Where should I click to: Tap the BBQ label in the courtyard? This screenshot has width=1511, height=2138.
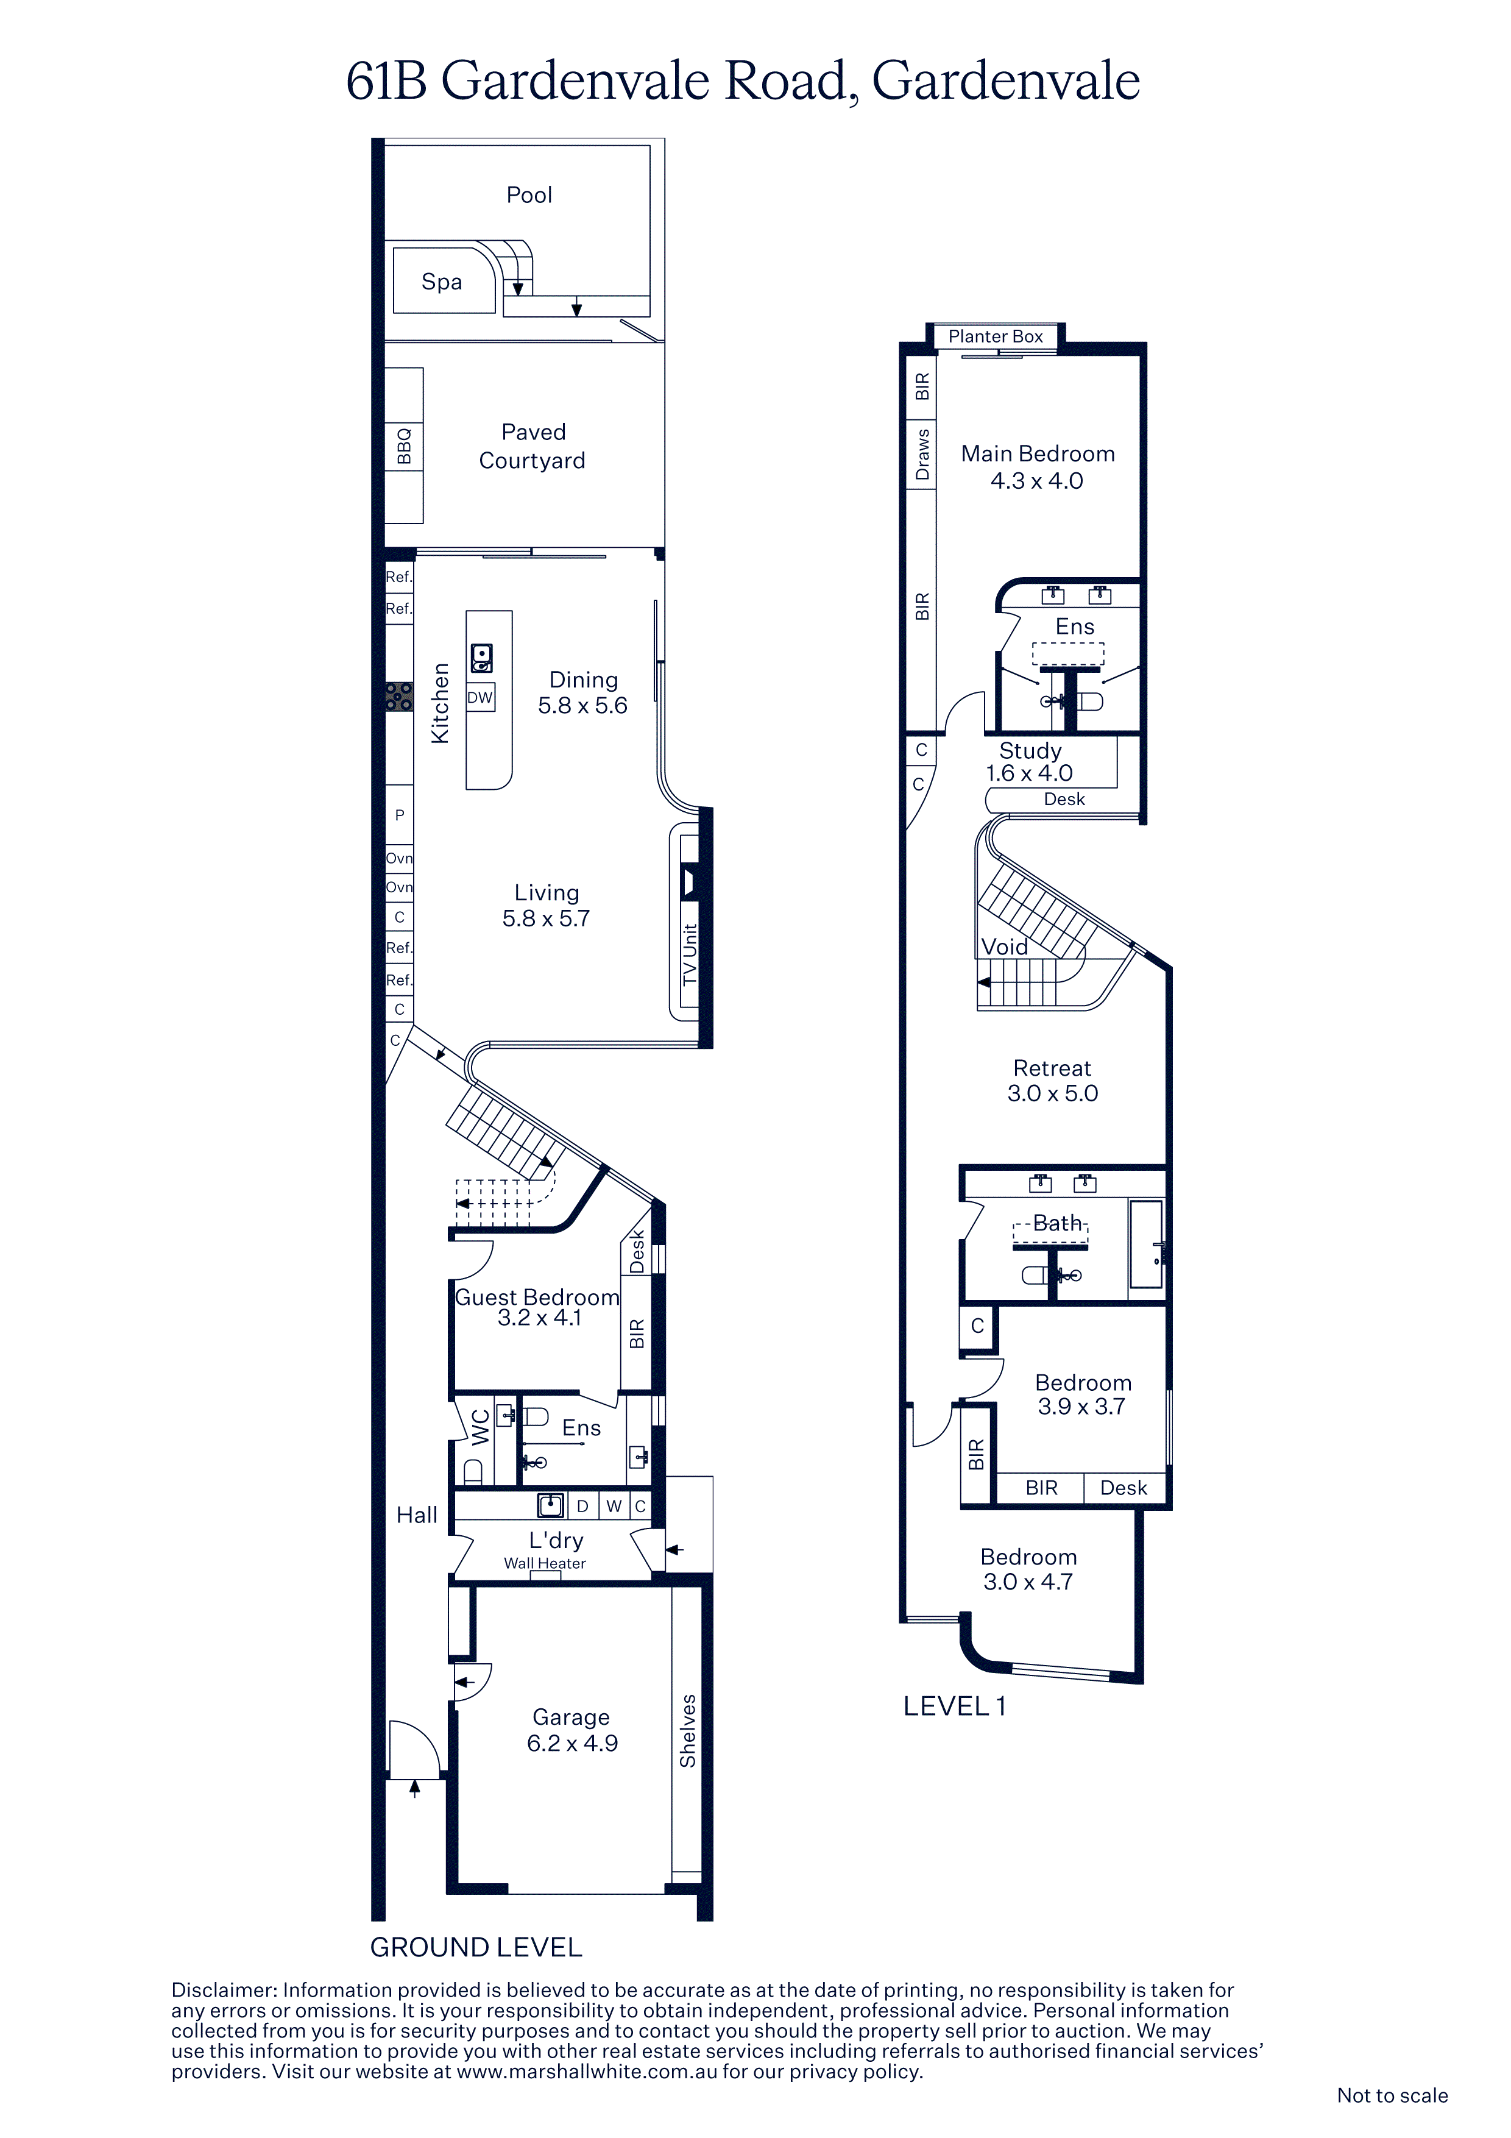click(404, 446)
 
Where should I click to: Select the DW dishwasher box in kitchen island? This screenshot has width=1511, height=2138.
click(480, 697)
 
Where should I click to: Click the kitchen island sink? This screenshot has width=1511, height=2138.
click(481, 658)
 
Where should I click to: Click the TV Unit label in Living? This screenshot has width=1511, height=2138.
click(690, 954)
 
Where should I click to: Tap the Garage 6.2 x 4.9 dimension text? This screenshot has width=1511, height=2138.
click(573, 1743)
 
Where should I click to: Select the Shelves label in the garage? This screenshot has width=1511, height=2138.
click(688, 1731)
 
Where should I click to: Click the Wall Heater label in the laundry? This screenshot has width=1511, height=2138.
click(545, 1563)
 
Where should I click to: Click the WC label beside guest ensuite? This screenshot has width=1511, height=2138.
click(480, 1427)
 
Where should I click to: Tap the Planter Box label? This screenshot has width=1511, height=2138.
click(995, 336)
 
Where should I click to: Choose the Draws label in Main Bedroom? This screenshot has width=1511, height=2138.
click(922, 455)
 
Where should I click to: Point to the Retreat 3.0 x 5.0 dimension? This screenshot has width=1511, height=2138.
click(1052, 1093)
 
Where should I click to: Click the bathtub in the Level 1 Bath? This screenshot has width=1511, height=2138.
click(1146, 1244)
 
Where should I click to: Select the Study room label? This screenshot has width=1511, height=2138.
click(1030, 750)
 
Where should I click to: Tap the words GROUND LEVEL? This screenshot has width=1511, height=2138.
click(476, 1947)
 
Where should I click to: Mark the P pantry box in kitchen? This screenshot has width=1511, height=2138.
click(400, 815)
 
